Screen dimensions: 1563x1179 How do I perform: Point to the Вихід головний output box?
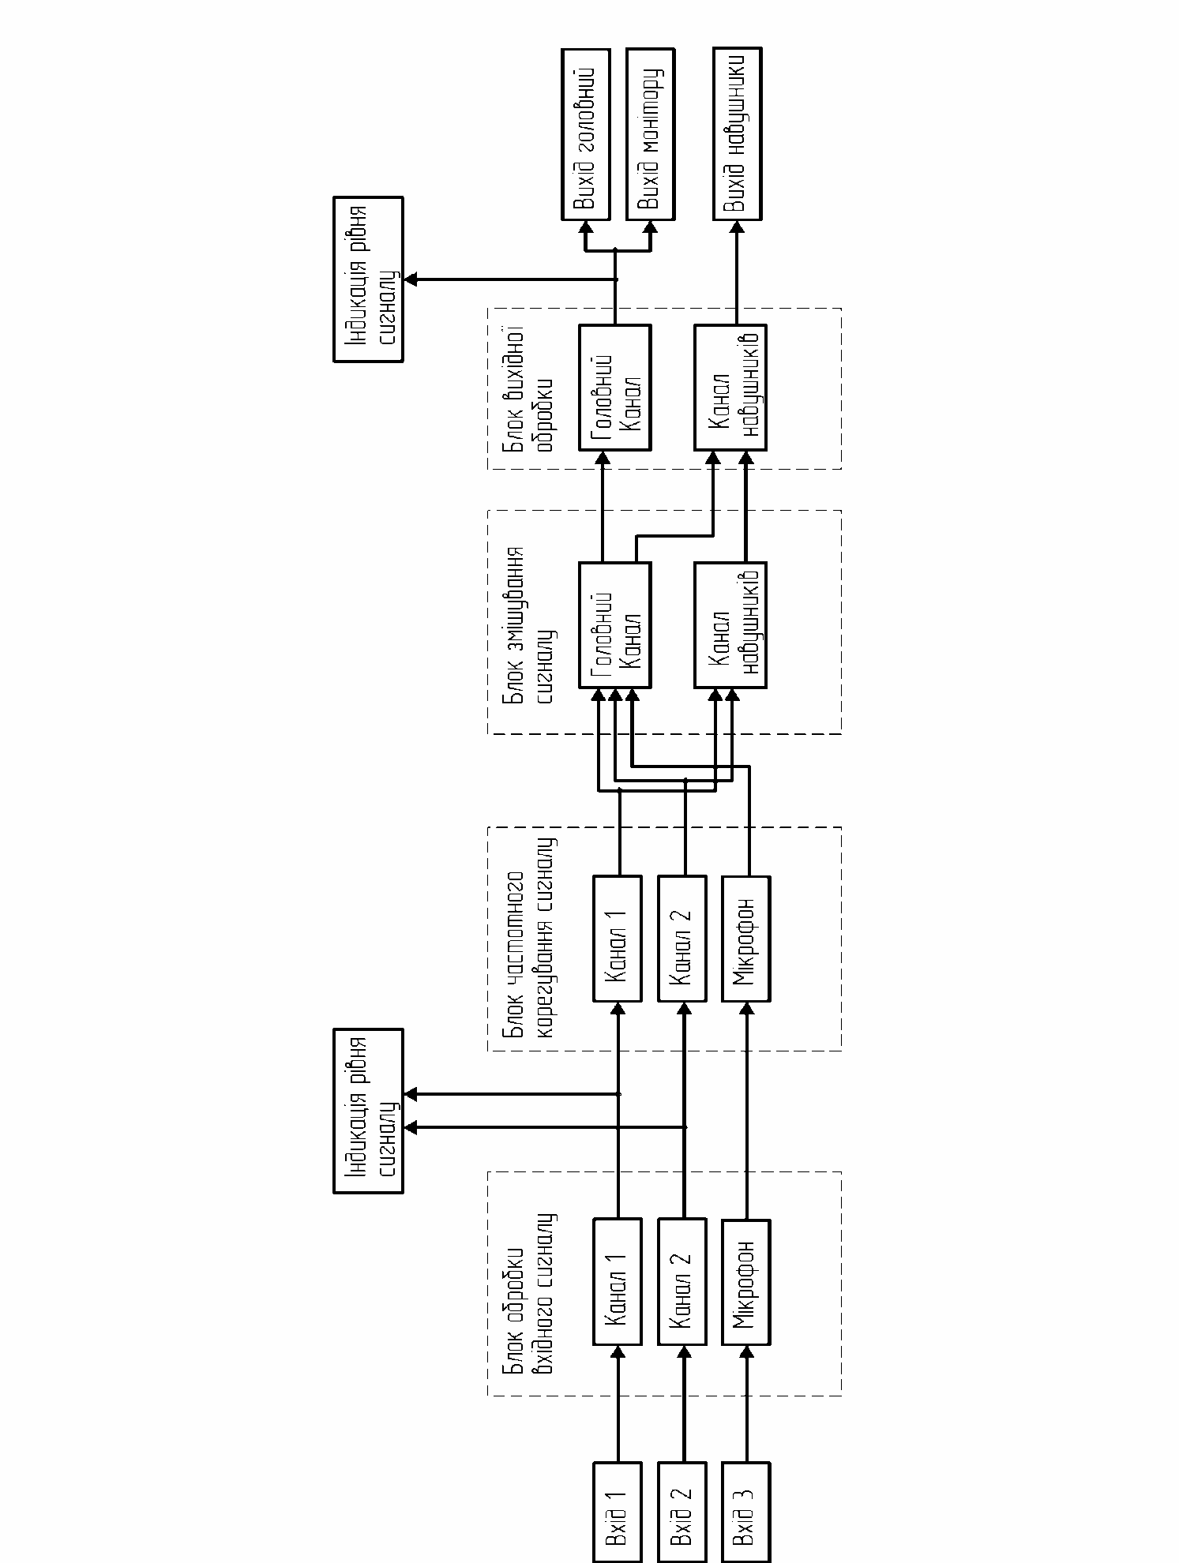(585, 133)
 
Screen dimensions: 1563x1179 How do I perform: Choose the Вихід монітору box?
(650, 133)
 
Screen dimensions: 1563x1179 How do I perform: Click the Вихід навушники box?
(738, 133)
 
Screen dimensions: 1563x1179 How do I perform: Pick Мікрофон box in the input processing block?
(746, 1282)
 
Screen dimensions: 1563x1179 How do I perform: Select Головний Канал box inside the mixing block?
(615, 624)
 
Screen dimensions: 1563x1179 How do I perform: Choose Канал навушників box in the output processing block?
(730, 387)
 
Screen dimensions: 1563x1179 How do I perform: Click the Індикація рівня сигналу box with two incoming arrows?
(368, 1111)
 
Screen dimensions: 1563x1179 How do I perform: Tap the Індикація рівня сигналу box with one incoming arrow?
(368, 279)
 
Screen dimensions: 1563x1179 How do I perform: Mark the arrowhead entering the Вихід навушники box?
(738, 227)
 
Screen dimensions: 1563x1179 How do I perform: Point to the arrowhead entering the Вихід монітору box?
(650, 227)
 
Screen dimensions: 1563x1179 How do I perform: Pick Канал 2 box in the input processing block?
(682, 1282)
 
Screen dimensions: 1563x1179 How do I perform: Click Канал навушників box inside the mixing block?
(730, 624)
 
